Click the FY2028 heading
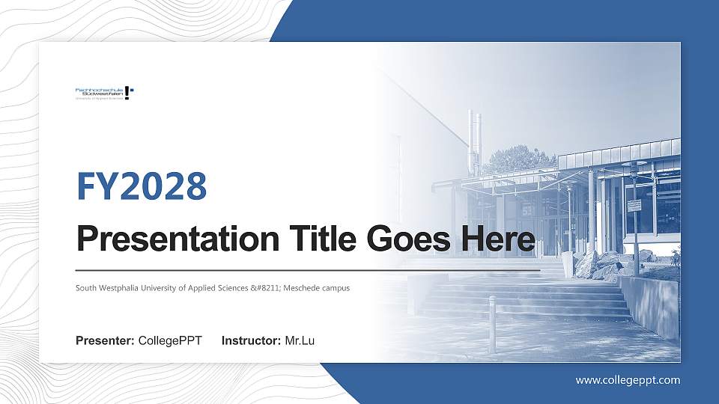point(142,186)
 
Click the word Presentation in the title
point(159,240)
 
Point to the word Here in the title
point(499,240)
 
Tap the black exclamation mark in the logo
point(127,94)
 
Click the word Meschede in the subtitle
point(301,287)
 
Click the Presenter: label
point(105,341)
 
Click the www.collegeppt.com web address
point(628,380)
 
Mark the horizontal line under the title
point(308,269)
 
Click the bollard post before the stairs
point(492,313)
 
